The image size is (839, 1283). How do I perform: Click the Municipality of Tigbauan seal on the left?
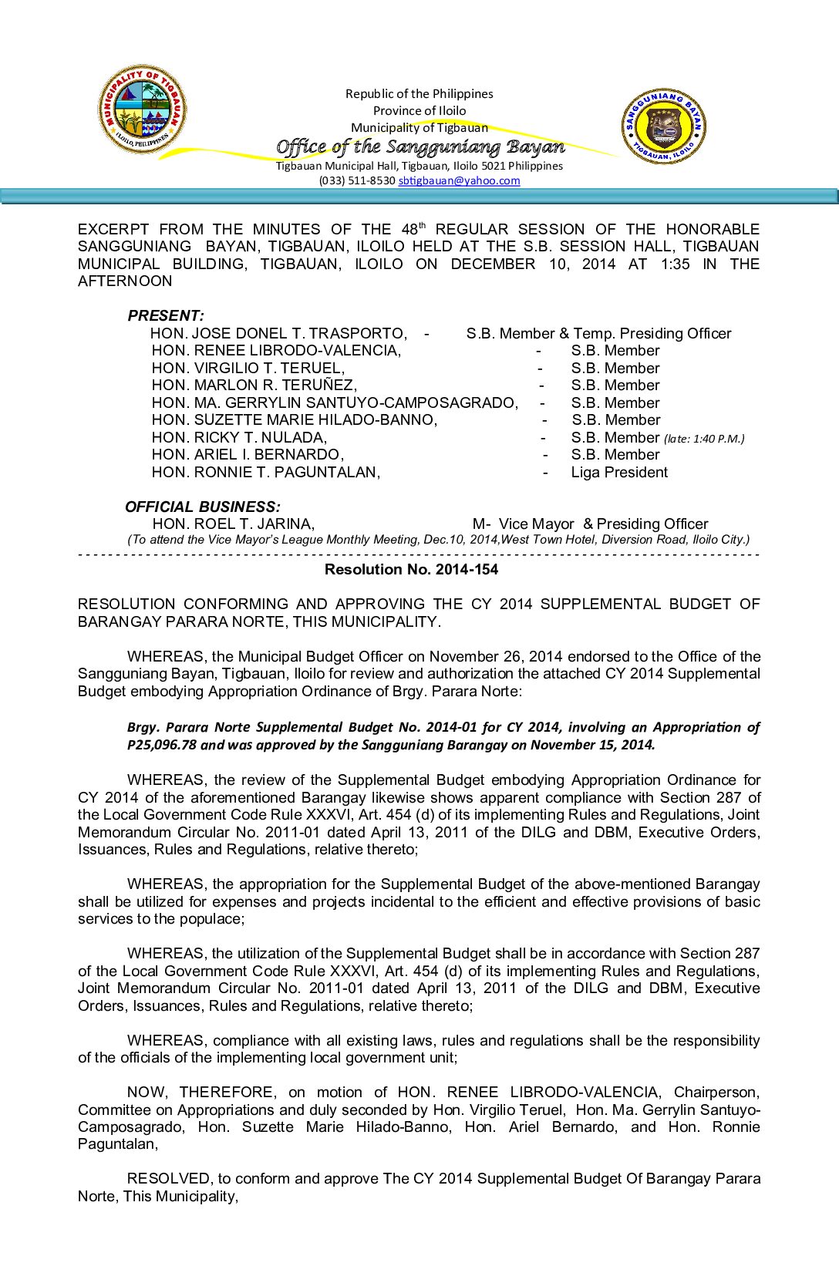142,109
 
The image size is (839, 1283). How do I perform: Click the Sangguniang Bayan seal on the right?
663,126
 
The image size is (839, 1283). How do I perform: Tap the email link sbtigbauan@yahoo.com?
459,180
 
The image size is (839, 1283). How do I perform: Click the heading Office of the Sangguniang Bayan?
419,146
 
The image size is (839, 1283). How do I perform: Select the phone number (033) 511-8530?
357,180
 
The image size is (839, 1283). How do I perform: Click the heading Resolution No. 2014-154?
411,570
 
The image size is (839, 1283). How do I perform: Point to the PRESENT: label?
166,315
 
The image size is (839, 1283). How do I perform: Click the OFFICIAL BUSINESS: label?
203,507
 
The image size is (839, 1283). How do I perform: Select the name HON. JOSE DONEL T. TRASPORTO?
278,333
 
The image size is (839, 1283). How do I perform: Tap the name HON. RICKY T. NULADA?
239,437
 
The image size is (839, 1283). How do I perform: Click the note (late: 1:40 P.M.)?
704,439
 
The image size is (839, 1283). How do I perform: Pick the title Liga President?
619,472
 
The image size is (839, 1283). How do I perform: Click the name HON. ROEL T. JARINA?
233,524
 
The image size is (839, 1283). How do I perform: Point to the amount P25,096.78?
162,745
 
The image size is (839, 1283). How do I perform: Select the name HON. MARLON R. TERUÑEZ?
254,386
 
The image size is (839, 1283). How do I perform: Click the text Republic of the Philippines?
419,94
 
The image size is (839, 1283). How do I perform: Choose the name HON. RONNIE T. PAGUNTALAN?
266,472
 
